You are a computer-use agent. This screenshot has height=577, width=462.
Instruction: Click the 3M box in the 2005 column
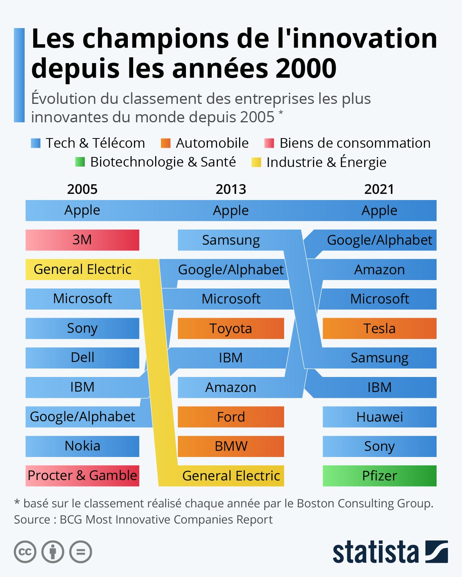(82, 240)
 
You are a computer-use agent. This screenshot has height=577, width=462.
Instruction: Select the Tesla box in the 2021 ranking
(379, 329)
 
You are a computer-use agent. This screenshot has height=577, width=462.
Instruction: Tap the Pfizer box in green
(379, 476)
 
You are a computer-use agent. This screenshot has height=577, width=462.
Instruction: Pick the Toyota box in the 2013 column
(231, 329)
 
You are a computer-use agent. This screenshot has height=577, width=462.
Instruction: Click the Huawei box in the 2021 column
(379, 417)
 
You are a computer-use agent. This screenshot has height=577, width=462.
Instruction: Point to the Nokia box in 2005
(82, 446)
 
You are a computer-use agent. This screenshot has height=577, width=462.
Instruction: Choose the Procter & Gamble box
(82, 476)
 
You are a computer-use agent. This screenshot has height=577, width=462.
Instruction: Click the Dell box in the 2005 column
(82, 358)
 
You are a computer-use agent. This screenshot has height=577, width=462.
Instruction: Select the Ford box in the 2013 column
(231, 417)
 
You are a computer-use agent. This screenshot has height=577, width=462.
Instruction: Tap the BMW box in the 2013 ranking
(231, 446)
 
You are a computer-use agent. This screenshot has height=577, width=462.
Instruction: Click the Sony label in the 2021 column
(379, 446)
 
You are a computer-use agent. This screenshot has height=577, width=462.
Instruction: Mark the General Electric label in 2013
(231, 476)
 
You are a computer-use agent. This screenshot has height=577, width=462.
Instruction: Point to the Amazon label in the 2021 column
(379, 270)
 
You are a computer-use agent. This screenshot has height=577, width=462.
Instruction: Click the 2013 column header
(231, 189)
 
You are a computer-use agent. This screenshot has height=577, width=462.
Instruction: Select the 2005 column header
(82, 189)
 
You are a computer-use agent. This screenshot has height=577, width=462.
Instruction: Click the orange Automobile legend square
(166, 143)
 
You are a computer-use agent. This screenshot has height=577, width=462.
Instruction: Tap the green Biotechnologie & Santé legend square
(80, 162)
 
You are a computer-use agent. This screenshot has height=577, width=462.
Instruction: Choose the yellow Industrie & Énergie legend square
(256, 162)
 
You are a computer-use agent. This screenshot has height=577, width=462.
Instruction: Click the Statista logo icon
(437, 552)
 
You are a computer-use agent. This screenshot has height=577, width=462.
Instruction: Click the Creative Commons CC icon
(25, 552)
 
